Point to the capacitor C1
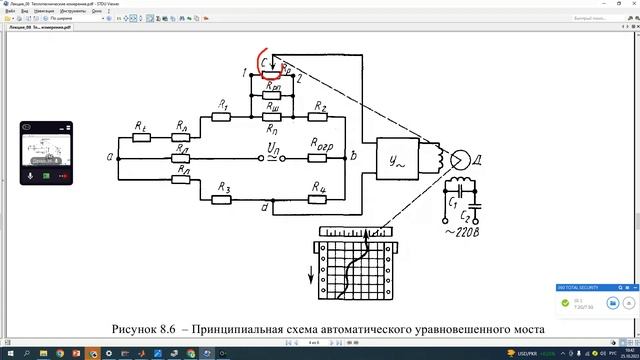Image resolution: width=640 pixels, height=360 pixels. pyautogui.click(x=461, y=186)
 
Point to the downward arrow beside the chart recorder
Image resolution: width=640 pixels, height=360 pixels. pyautogui.click(x=310, y=276)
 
